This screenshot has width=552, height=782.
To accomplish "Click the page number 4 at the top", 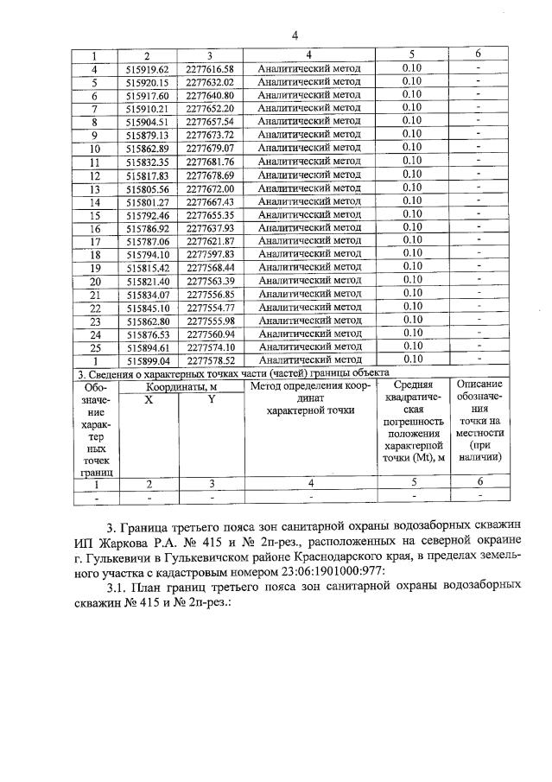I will point(295,35).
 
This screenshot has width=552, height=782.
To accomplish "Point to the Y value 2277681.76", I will point(211,162).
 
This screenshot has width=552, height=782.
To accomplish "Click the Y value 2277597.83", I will point(211,255).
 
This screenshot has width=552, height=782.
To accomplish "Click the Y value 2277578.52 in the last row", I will point(211,360).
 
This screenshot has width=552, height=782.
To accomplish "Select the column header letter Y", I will point(211,399).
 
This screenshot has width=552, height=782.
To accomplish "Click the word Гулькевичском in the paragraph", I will point(232,556).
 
